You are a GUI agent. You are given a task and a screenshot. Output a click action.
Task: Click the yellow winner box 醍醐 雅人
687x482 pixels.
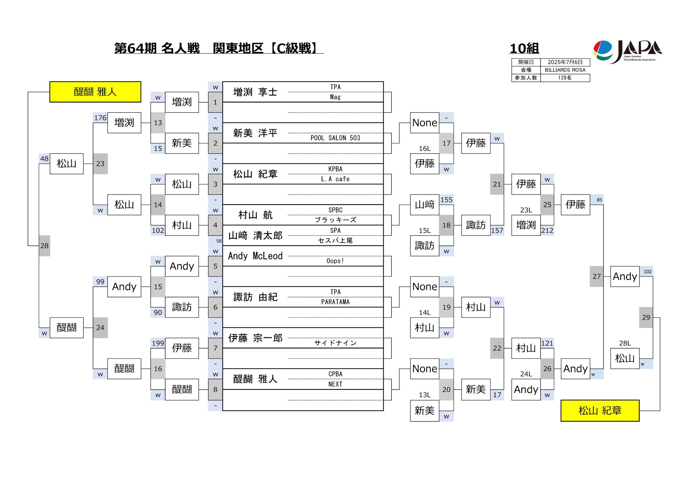click(95, 92)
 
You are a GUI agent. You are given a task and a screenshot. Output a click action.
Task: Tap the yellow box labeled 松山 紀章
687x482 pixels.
click(600, 411)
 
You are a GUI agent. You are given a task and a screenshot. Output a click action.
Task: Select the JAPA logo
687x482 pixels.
click(627, 52)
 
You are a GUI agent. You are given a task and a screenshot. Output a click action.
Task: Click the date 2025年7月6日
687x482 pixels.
click(565, 62)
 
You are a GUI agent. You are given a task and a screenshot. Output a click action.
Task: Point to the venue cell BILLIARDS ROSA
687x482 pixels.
click(565, 70)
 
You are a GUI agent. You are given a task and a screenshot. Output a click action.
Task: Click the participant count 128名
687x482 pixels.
click(565, 78)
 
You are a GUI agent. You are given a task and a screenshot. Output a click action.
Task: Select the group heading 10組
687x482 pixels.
click(524, 49)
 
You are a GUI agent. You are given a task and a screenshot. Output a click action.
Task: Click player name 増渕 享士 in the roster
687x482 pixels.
click(255, 92)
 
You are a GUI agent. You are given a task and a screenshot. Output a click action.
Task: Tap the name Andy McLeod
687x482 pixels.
click(255, 256)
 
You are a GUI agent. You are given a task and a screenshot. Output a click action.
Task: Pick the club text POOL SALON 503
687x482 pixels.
click(335, 138)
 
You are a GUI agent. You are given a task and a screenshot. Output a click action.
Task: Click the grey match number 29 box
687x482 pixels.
click(646, 317)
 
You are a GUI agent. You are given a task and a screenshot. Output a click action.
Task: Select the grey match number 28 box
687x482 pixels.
click(45, 246)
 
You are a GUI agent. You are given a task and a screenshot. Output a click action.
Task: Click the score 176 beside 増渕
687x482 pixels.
click(100, 118)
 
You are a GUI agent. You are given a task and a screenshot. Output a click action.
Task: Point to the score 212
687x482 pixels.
click(547, 230)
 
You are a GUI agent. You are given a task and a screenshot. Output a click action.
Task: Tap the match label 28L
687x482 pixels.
click(625, 343)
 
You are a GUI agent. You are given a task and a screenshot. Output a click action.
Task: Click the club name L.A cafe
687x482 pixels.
click(335, 179)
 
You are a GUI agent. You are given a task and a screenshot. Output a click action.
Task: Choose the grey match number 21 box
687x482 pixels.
click(497, 184)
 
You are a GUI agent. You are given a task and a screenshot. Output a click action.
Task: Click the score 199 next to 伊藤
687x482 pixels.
click(158, 343)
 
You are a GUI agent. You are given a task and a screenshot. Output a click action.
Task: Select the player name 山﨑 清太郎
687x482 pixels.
click(255, 235)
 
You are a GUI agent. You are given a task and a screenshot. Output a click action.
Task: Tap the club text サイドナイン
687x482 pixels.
click(335, 343)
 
